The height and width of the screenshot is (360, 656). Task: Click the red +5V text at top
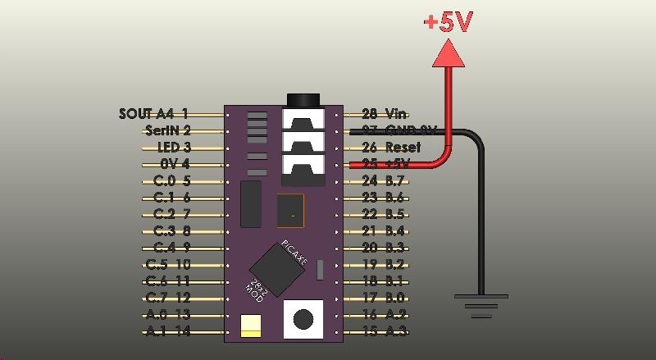[448, 22]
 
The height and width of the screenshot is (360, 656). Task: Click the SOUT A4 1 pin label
[153, 114]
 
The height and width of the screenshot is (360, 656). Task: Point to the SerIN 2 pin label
[167, 130]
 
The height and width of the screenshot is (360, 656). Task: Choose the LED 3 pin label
[174, 148]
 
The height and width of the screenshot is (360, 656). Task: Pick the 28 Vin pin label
[385, 114]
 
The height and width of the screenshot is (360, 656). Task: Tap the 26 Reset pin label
[390, 148]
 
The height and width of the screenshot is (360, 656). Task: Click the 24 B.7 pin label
[383, 180]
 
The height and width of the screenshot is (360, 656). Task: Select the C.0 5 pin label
[171, 180]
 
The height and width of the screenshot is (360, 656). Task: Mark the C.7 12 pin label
[168, 298]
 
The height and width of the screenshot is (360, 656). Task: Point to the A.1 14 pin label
[168, 331]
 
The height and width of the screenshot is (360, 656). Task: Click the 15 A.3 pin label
[384, 331]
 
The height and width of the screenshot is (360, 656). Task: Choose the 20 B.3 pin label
[383, 248]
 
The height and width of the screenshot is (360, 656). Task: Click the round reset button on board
[304, 319]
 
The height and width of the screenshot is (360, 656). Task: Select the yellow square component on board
[250, 326]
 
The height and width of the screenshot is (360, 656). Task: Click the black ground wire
[481, 213]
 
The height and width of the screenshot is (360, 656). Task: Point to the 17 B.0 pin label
[383, 298]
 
